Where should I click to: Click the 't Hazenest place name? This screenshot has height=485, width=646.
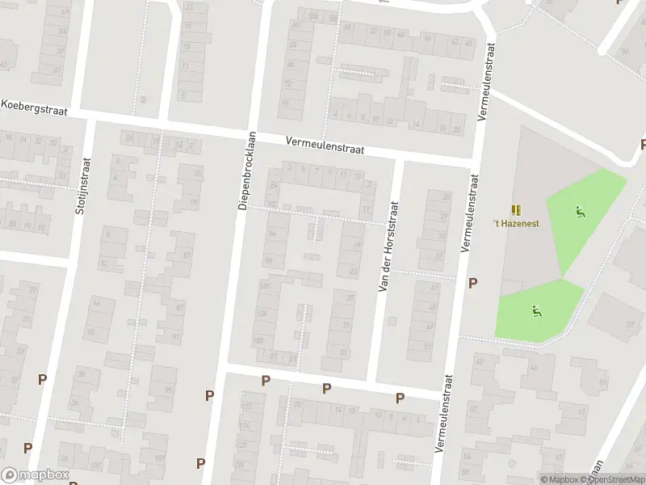click(517, 223)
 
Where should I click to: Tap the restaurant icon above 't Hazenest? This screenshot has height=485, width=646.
click(517, 209)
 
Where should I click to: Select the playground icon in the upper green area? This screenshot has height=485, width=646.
click(580, 213)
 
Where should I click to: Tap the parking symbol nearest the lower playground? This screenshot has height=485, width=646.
click(473, 283)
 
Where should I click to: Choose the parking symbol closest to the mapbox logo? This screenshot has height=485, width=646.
click(28, 448)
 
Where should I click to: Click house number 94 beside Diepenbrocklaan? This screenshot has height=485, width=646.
click(271, 234)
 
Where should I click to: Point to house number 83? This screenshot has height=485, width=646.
click(187, 255)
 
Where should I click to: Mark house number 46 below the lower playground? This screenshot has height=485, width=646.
click(533, 369)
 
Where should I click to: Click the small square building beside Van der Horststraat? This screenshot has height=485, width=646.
click(392, 321)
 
